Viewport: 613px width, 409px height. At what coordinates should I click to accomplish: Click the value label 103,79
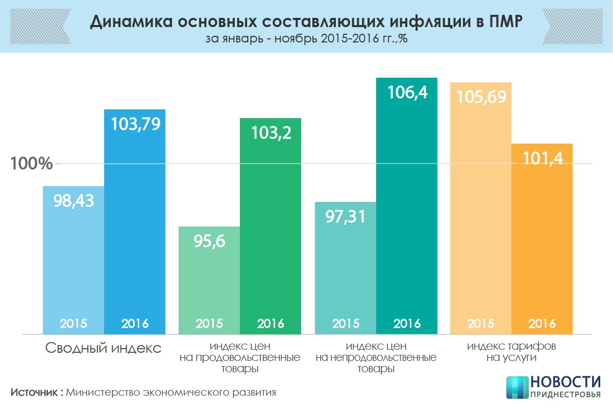pos(135,125)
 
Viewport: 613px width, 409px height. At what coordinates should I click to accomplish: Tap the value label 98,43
pos(73,200)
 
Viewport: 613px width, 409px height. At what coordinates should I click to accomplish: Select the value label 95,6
pos(209,241)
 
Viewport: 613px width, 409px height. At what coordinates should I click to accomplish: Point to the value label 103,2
pos(271,133)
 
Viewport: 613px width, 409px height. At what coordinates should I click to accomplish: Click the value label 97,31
pos(346,216)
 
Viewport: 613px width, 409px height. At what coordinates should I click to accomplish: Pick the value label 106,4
pos(407,93)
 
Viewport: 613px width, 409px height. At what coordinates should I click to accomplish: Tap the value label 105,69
pos(480,97)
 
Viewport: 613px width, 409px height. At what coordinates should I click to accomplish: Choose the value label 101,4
pos(542,158)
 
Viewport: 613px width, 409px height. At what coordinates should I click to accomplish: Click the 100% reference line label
pos(32,164)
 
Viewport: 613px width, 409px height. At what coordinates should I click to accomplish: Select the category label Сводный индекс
pos(104,349)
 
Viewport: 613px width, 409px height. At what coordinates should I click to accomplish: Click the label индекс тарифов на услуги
pos(511,351)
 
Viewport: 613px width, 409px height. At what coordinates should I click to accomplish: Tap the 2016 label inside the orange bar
pos(542,324)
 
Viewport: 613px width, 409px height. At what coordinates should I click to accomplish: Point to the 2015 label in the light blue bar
pos(73,324)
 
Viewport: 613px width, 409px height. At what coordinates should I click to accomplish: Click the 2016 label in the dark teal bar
pos(407,324)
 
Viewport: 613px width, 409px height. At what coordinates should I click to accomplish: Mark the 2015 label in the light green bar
pos(209,324)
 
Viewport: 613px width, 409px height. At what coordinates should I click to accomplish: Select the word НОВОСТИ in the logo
pos(565,382)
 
